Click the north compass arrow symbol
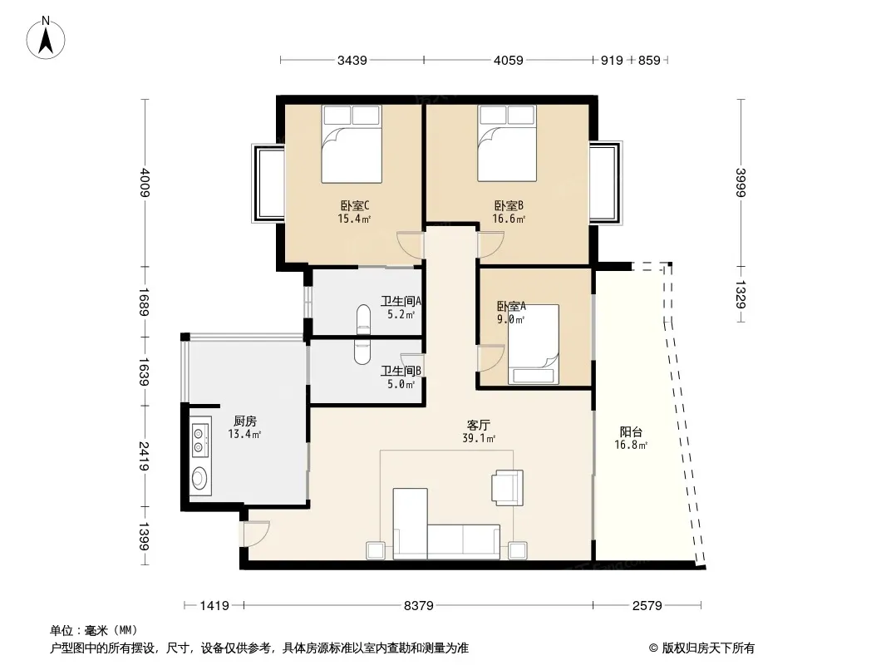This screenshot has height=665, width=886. (x=46, y=38)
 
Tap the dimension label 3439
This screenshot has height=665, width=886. (x=352, y=61)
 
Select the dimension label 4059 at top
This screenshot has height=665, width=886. (x=509, y=61)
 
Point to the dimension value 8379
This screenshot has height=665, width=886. (x=419, y=606)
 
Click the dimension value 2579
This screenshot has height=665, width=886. (x=647, y=606)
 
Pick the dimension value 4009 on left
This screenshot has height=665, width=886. (x=145, y=183)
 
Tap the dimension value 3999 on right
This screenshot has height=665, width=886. (x=741, y=183)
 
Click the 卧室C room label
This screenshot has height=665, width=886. (x=355, y=205)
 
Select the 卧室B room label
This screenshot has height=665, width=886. (x=509, y=205)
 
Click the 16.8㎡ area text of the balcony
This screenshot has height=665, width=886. (x=631, y=446)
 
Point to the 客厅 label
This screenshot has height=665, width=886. (x=479, y=425)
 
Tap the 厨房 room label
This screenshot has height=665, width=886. (x=244, y=421)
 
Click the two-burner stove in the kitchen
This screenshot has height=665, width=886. (x=199, y=441)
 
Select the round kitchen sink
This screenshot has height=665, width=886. (x=199, y=479)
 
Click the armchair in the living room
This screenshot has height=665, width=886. (x=507, y=487)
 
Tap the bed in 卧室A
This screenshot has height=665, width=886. (x=533, y=345)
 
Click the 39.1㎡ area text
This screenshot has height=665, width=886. (x=479, y=438)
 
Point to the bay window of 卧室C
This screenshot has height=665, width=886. (x=268, y=183)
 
